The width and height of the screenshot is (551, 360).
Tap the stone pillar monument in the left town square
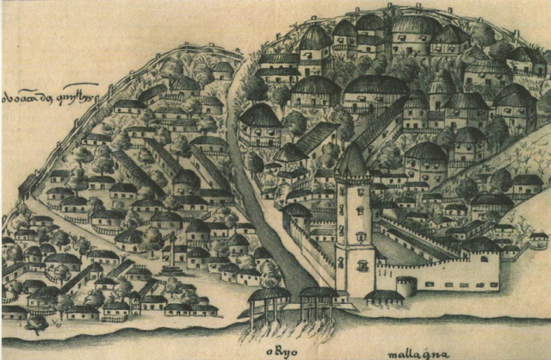pos(171,249)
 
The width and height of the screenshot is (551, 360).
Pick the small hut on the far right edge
pos(538,240)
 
